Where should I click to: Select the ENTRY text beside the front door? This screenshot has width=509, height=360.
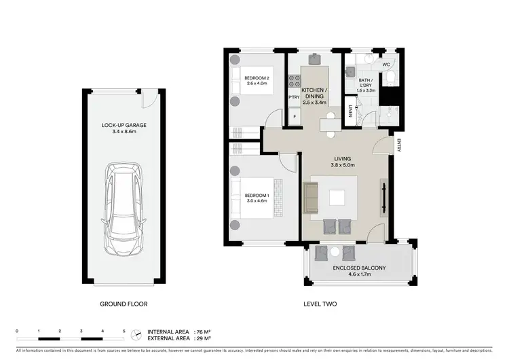400,145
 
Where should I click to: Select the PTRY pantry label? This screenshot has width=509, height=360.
294,97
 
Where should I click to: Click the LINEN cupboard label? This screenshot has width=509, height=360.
350,112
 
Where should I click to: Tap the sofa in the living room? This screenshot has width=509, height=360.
311,197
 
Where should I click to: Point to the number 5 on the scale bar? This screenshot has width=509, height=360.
124,331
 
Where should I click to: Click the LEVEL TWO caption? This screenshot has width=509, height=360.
319,304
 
